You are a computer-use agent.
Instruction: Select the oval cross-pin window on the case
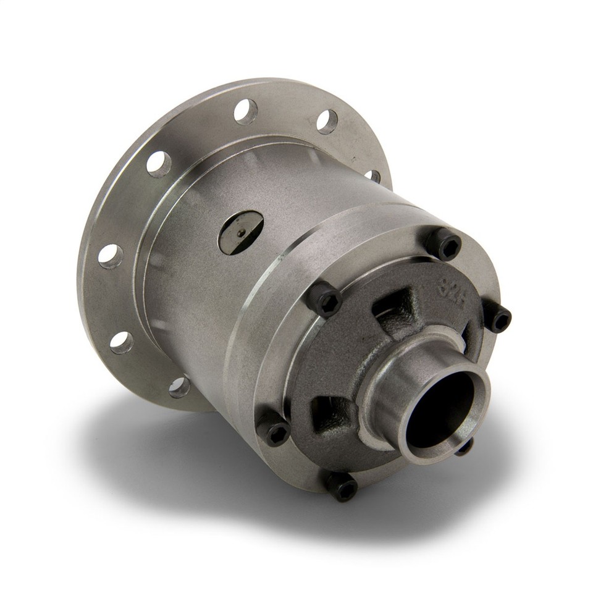coord(241,232)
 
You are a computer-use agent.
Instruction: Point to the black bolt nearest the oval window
coord(324,300)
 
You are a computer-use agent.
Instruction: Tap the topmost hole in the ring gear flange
coord(245,112)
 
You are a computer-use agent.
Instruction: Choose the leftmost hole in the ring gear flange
coord(110,256)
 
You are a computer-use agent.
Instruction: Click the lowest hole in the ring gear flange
coord(179,387)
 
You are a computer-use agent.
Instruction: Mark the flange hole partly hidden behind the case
coord(373,176)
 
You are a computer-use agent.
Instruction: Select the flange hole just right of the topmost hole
coord(327,121)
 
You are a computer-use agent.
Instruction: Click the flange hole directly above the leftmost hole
coord(158,164)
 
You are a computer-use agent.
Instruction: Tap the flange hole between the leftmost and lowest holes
coord(121,342)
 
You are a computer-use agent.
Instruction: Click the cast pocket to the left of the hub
coord(329,415)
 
